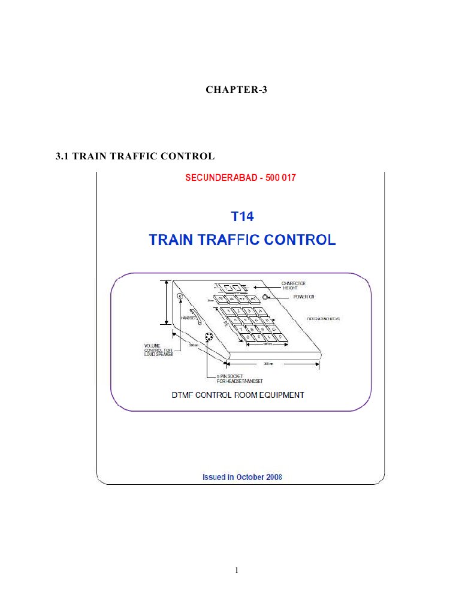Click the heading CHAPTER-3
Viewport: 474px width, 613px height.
(237, 90)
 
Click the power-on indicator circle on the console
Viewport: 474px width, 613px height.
(265, 297)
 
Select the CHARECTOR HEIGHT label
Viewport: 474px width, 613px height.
(294, 285)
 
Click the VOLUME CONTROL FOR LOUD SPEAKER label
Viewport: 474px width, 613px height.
(158, 349)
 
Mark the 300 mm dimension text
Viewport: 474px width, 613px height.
(267, 364)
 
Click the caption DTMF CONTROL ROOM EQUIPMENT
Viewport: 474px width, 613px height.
(238, 395)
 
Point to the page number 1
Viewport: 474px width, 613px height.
(237, 570)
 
